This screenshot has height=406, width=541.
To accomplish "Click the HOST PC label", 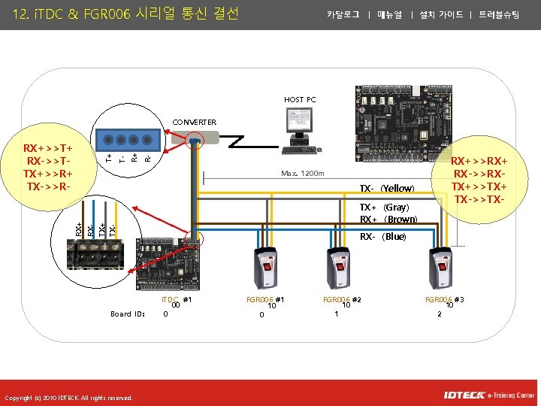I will pos(300,100).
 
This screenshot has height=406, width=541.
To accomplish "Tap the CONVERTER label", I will pos(194,123).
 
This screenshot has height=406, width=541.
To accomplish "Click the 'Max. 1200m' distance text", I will pos(303,174).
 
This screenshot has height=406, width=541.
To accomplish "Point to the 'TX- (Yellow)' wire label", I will pos(386,188).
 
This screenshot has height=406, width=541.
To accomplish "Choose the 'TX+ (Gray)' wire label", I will pos(383,207).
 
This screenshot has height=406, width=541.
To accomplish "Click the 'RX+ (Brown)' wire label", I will pos(388,220).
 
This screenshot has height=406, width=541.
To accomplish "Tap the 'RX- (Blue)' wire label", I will pos(382,237).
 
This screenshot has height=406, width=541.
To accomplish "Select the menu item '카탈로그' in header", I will pos(343,14).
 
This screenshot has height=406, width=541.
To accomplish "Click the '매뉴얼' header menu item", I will pos(390,14).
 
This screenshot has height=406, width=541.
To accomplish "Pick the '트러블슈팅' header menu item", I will pos(498,14).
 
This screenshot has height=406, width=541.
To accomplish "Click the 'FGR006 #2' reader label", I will pos(342,300).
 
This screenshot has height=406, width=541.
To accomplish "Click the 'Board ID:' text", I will pos(127,314).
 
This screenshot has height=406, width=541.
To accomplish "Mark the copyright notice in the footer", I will pos(68,398).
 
